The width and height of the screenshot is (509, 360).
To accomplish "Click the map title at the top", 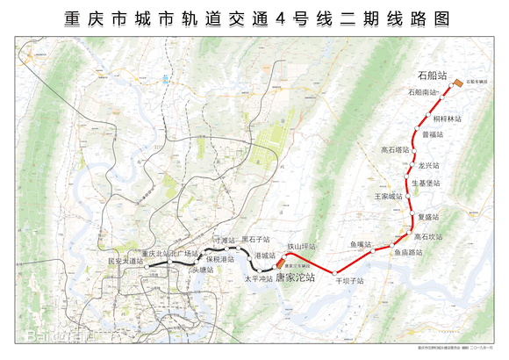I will (254, 17).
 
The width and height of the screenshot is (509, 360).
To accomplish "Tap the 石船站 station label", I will (433, 76).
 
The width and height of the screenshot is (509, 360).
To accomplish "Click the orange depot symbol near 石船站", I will (459, 84).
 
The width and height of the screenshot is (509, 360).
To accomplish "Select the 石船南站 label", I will (422, 92).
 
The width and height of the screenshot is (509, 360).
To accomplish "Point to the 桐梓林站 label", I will (447, 117).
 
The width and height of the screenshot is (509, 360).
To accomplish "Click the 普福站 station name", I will (433, 134).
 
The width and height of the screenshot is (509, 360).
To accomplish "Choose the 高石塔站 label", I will (396, 150).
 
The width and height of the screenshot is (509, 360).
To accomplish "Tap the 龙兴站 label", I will (428, 165).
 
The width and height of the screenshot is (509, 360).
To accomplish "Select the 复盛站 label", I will (427, 216).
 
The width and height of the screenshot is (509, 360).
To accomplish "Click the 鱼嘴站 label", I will (362, 244).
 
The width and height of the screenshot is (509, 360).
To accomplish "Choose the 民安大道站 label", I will (124, 261).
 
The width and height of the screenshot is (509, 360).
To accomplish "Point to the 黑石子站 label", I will (256, 239).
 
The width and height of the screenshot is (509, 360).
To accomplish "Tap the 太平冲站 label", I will (257, 277).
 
